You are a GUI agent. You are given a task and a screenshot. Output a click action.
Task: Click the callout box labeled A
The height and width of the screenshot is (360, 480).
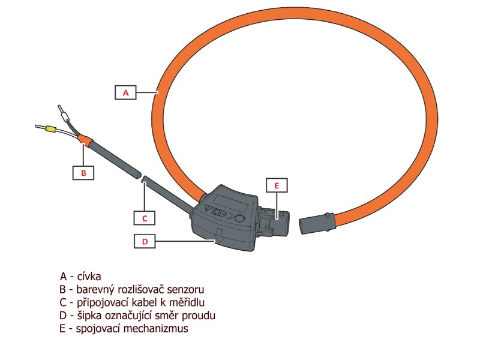tap(125, 92)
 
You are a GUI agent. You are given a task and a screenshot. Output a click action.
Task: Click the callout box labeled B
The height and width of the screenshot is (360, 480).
tap(83, 173)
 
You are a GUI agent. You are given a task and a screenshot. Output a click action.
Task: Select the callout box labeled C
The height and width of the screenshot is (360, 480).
tap(144, 217)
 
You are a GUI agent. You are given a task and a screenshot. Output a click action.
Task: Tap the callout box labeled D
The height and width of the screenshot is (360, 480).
tap(144, 241)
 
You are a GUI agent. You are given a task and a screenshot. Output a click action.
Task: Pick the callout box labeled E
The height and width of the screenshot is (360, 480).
tap(277, 186)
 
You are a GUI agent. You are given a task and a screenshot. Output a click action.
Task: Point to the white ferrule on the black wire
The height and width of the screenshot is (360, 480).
tap(61, 112)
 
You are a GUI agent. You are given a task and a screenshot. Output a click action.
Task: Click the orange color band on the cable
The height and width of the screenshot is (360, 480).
tap(85, 142)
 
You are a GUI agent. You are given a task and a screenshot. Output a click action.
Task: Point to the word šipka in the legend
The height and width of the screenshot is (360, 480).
tap(84, 316)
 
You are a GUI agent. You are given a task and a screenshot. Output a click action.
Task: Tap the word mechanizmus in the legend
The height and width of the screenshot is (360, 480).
tap(157, 329)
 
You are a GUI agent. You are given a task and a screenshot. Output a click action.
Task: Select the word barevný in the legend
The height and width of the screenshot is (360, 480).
tap(88, 289)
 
